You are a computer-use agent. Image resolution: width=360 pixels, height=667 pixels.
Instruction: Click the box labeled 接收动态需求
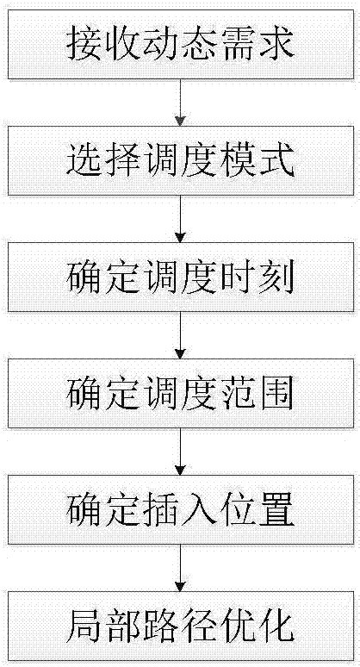tap(180, 43)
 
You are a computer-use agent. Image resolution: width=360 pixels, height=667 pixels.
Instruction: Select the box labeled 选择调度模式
tap(180, 159)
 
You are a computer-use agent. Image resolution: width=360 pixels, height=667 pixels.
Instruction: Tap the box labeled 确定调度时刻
tap(180, 276)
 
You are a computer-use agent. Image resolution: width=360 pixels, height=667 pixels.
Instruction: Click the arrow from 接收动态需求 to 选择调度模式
tap(180, 102)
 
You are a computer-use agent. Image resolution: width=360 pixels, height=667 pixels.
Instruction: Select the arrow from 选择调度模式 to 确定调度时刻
tap(180, 218)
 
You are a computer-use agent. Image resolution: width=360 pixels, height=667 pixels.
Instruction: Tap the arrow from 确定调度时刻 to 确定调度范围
tap(180, 334)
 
